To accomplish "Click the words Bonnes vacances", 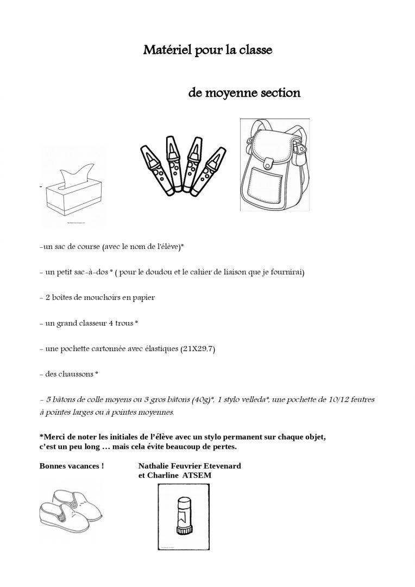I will point(72,466).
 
